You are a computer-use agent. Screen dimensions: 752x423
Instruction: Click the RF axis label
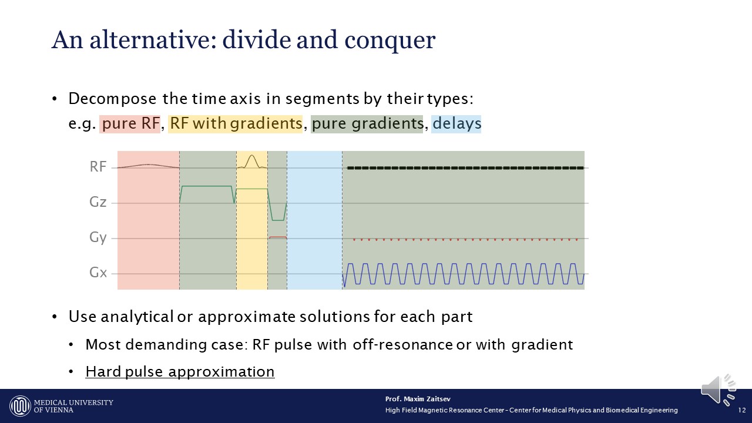coord(98,166)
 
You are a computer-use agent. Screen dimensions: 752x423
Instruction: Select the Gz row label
coord(98,202)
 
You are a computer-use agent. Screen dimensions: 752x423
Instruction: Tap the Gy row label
coord(98,238)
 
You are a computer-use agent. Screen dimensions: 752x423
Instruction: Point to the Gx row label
coord(98,272)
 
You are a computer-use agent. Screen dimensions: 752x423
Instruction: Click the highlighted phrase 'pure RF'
coord(130,123)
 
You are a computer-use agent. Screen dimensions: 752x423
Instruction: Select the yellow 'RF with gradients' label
coord(236,123)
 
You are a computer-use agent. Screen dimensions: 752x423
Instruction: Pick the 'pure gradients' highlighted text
coord(367,123)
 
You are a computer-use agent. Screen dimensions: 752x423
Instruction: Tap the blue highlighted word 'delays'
coord(456,123)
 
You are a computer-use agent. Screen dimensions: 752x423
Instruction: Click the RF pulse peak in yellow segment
coord(252,156)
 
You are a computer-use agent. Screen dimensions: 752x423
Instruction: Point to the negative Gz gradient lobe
coord(278,220)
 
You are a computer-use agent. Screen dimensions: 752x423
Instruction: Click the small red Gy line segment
coord(278,237)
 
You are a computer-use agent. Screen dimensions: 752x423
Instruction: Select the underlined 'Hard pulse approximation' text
coord(180,372)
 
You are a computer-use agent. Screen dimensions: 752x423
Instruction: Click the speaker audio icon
coord(718,390)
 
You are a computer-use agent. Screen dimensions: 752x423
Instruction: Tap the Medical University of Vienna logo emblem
coord(20,406)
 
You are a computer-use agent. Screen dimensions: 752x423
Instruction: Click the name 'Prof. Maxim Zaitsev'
coord(418,399)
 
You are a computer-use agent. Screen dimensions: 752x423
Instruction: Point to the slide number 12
coord(742,410)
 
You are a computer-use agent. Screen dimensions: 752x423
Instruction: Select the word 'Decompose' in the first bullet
coord(112,99)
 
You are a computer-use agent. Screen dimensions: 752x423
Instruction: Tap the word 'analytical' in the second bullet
coord(137,317)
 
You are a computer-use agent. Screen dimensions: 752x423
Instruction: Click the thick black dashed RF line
coord(465,168)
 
